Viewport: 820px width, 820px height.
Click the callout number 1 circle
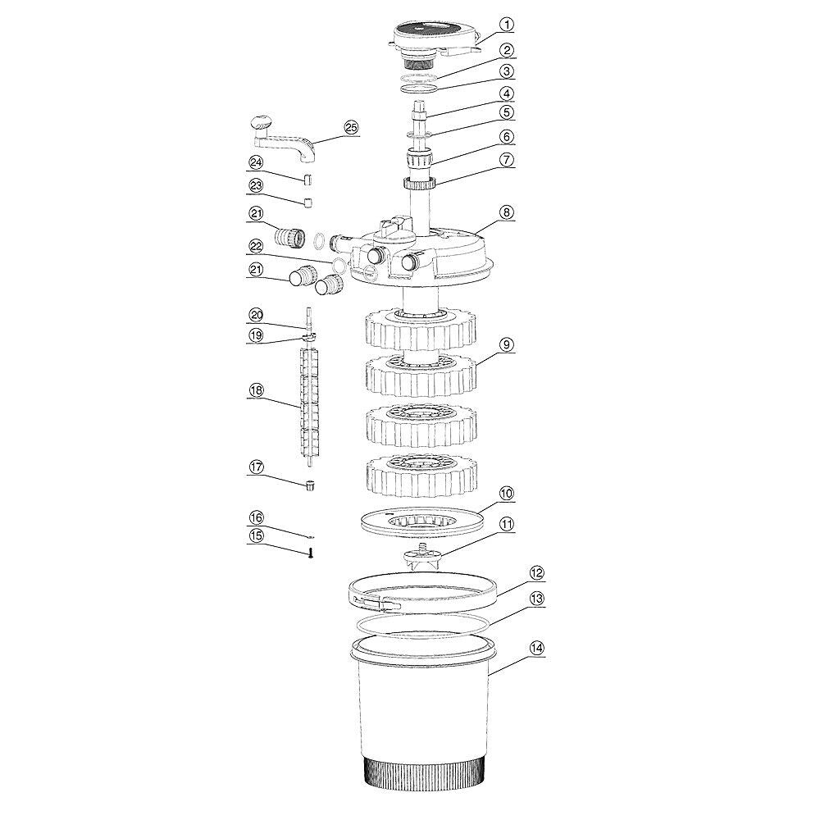[x=506, y=24]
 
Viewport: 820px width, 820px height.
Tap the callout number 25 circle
[x=351, y=128]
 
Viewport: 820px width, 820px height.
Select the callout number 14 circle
[x=536, y=649]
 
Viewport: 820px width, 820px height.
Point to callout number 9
[x=506, y=344]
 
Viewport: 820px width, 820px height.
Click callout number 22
[x=256, y=246]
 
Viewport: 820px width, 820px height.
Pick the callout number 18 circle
[x=256, y=390]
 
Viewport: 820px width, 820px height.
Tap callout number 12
[x=536, y=572]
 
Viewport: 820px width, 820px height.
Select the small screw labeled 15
[x=310, y=552]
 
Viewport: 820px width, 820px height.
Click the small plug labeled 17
[x=310, y=485]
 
